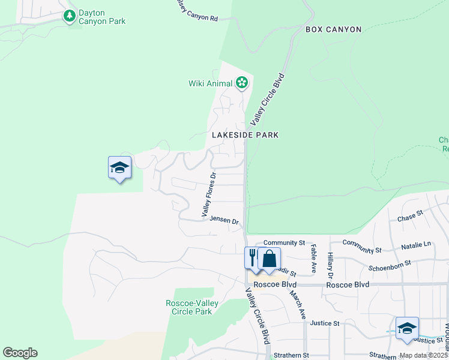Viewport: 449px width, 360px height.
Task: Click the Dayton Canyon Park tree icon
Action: coord(70,16)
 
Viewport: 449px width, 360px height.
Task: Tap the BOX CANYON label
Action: coord(333,29)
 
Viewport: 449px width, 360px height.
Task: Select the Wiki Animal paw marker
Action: coord(242,83)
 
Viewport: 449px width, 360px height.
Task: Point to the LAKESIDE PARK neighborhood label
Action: coord(245,135)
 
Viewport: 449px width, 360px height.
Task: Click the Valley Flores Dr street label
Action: coord(208,194)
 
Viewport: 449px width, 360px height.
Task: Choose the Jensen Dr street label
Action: coord(224,220)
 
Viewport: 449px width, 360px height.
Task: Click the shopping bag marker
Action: coord(270,259)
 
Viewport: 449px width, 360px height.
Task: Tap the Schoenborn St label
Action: coord(390,263)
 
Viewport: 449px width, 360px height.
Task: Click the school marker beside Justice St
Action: coord(407,329)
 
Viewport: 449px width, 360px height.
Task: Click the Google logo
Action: coord(20,353)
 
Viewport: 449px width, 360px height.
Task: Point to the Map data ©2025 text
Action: coord(423,355)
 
